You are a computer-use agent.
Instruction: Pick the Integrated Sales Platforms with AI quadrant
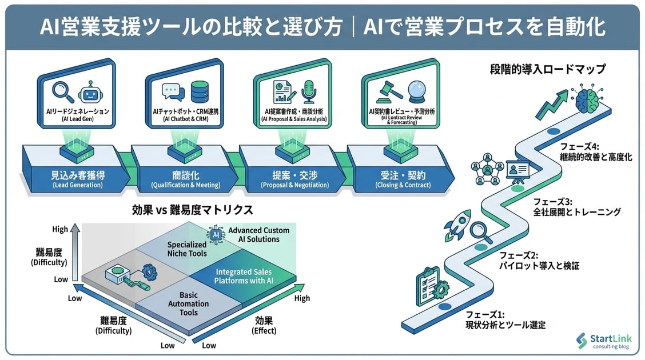click(244, 276)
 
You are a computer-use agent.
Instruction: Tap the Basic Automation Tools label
click(189, 304)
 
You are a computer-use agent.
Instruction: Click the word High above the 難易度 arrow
click(59, 230)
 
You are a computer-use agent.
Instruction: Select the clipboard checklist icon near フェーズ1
click(425, 282)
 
